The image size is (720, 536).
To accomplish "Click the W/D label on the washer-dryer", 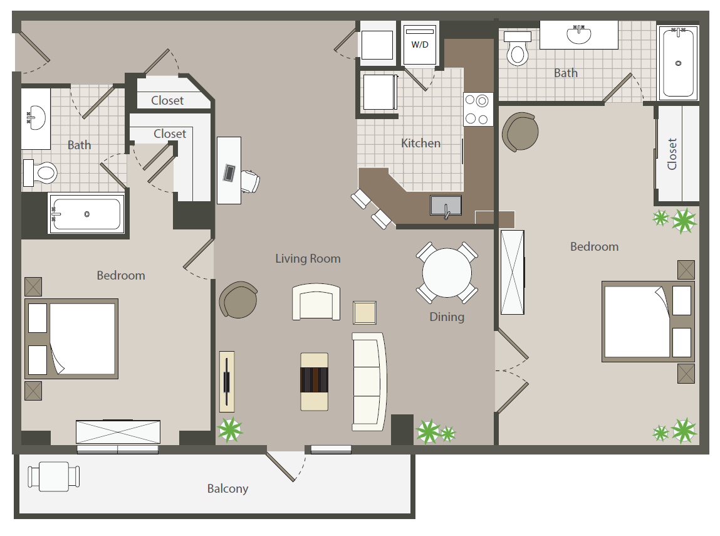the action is pos(420,45).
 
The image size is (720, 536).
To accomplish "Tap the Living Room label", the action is pos(308,258).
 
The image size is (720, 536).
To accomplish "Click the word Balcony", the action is pos(227,488).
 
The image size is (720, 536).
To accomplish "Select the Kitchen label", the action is pos(420,144).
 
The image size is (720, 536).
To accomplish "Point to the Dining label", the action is pos(447,317).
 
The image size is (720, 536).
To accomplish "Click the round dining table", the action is pos(447,273).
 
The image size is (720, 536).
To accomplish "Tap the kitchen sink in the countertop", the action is pos(446,206).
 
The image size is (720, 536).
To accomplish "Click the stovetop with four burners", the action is pos(477,109).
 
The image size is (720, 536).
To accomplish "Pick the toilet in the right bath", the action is pos(518,49).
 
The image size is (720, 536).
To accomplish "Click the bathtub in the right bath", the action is pos(678,63).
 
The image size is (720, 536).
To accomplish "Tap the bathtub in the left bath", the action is pos(86,214).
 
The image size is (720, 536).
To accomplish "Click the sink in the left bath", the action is pos(36,118).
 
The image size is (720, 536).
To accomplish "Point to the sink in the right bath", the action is pos(578,34).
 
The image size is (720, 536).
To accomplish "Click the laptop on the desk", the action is pos(229,172).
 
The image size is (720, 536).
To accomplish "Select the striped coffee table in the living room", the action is pos(314,381).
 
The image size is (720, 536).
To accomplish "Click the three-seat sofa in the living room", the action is pos(369,382).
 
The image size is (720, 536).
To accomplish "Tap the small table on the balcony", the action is pos(54,476).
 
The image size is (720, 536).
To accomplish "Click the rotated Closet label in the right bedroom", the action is pos(672,154).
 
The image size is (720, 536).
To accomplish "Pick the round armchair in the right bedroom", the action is pos(520,132).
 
